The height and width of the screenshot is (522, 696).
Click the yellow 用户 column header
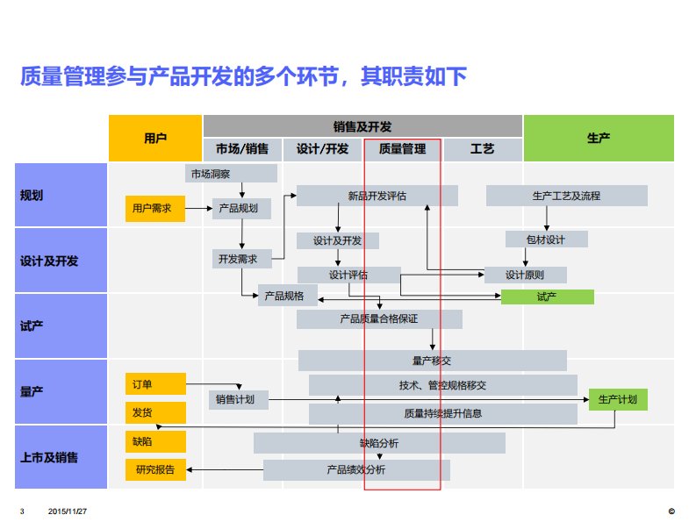click(155, 138)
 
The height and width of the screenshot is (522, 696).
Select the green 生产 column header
click(599, 138)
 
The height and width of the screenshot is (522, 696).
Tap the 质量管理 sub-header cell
click(402, 149)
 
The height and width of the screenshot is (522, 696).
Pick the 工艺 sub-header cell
click(483, 149)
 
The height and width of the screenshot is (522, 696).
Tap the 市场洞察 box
click(231, 174)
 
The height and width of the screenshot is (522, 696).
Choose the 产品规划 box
click(240, 208)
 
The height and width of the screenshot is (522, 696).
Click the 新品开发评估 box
click(377, 196)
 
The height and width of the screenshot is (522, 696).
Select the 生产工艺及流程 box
click(566, 196)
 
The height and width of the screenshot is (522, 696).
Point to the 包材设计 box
click(546, 239)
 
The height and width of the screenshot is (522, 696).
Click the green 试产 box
click(547, 297)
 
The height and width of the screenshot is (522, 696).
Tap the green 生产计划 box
click(618, 400)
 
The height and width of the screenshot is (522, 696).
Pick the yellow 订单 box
click(155, 383)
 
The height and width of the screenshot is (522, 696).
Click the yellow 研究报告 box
click(155, 469)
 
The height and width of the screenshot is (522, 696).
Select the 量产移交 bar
click(432, 360)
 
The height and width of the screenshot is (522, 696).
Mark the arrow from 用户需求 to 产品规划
click(197, 208)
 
